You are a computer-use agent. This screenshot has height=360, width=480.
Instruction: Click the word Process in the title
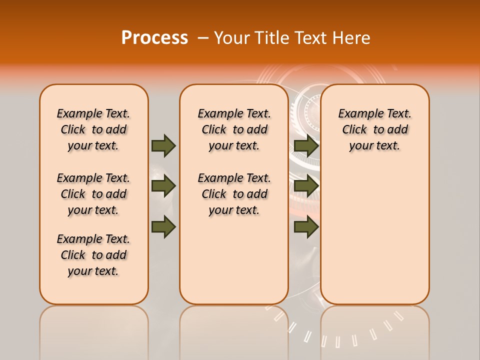coord(154,37)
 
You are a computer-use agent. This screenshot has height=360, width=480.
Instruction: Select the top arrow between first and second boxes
coord(163,145)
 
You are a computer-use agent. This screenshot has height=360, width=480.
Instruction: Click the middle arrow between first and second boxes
coord(163,186)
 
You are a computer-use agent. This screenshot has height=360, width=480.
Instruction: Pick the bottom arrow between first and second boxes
coord(163,227)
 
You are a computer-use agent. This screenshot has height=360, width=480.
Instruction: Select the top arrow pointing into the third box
coord(306,145)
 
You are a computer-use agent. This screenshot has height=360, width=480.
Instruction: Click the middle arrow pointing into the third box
coord(306,186)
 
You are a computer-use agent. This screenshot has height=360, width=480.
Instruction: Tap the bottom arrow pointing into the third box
coord(306,227)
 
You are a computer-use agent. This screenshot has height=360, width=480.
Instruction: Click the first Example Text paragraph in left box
coord(93,129)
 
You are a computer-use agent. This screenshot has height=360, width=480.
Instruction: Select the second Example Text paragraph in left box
coord(93,194)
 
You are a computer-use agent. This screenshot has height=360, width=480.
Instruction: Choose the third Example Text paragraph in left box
coord(93,255)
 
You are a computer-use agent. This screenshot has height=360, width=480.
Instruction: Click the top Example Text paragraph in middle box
coord(234,129)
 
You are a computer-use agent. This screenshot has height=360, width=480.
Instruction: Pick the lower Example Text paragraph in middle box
coord(234,194)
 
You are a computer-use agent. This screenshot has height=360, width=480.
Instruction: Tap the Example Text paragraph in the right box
coord(374,129)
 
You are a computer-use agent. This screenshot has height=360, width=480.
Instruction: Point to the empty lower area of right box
coord(374,235)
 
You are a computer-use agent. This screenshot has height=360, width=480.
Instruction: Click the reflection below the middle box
coord(234,330)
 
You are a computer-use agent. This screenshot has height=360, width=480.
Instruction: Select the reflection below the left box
coord(93,330)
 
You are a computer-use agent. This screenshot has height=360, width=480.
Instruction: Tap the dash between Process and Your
coord(202,38)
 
